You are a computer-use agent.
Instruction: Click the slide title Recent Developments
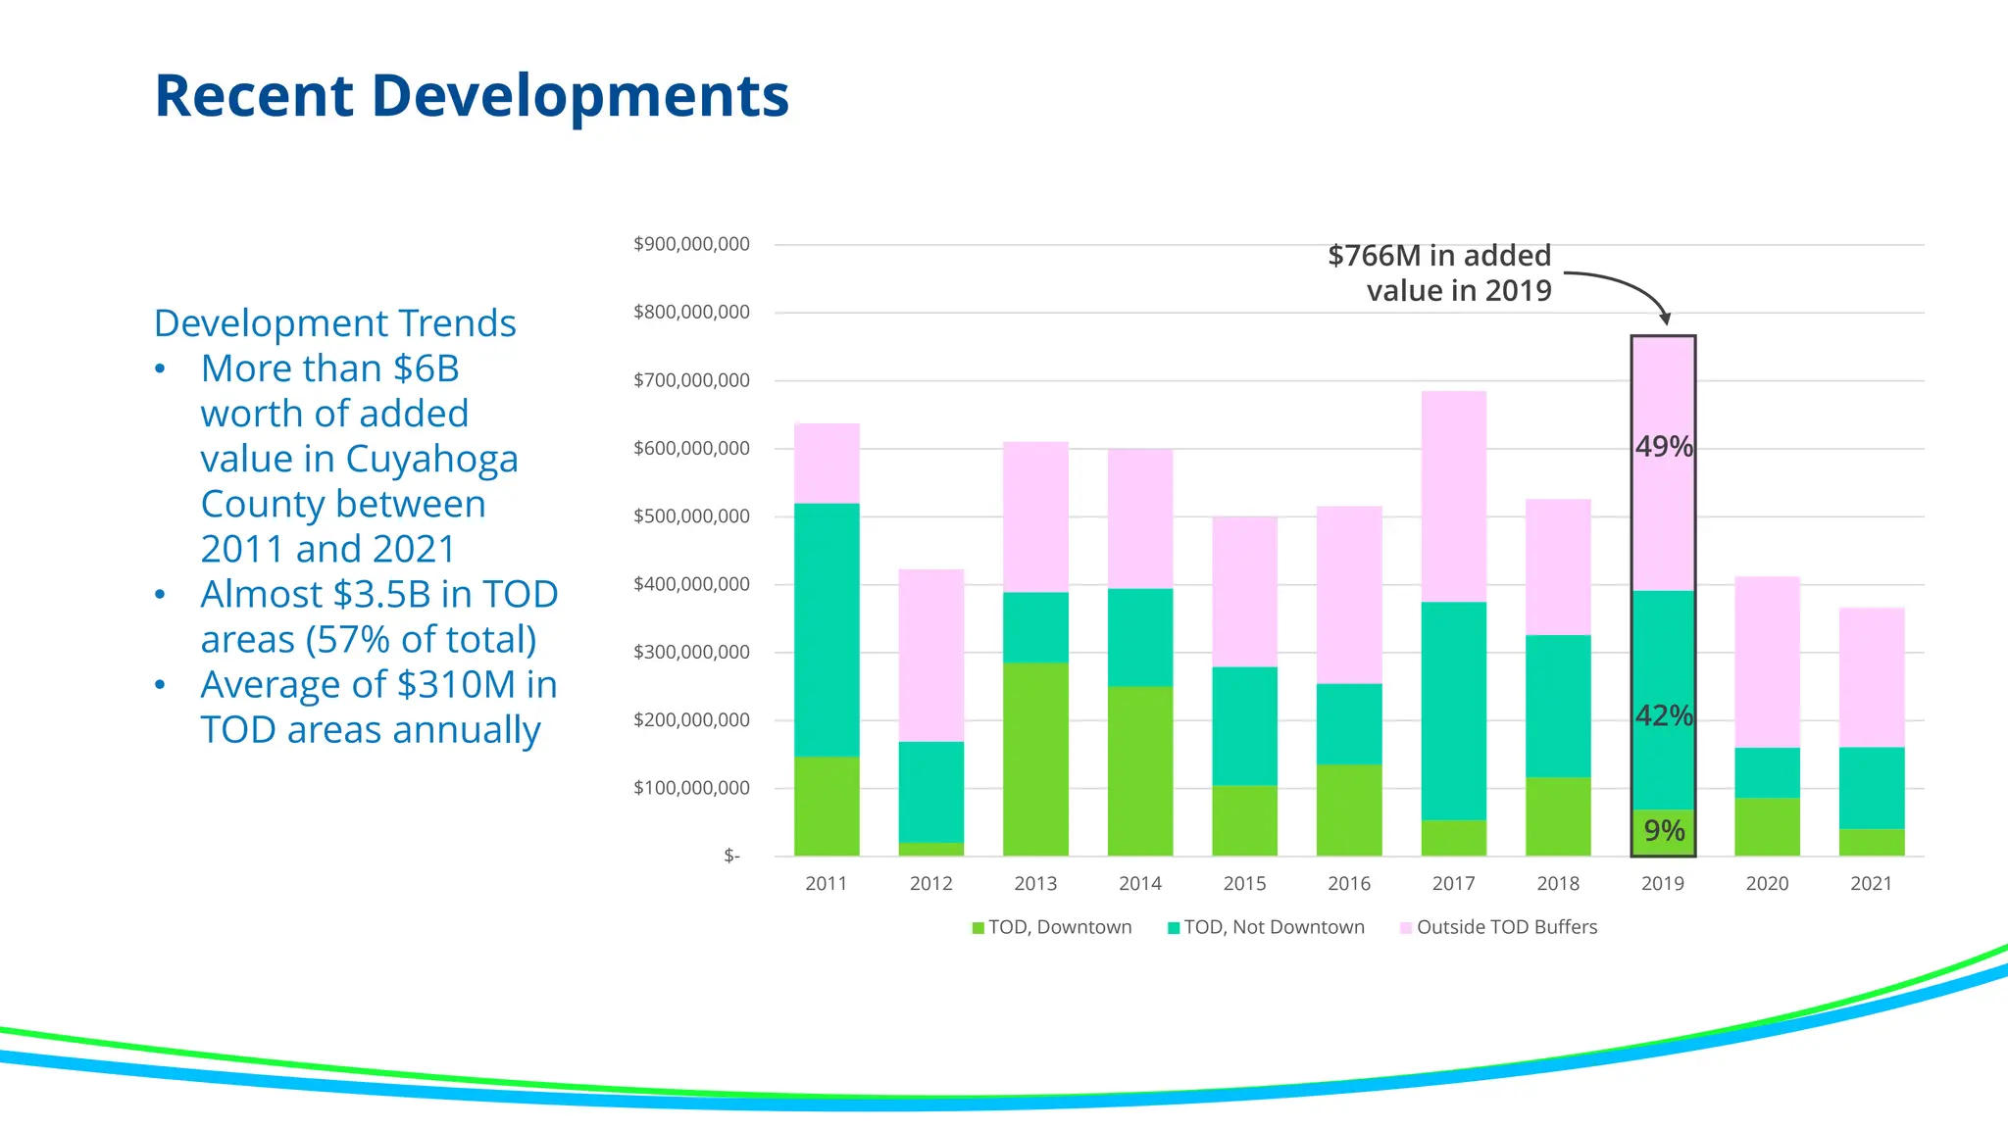pos(471,96)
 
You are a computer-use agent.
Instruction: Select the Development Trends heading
pos(334,323)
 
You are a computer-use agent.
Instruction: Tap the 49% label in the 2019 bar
pos(1664,447)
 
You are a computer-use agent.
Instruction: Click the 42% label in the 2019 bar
pos(1664,716)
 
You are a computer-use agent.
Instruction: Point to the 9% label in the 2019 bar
pos(1664,831)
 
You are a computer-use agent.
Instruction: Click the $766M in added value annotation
pos(1439,272)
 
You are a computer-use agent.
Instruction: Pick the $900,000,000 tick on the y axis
pos(691,244)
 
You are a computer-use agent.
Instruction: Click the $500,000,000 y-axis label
pos(691,516)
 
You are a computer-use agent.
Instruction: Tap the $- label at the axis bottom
pos(731,857)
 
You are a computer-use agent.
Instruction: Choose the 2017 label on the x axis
pos(1453,884)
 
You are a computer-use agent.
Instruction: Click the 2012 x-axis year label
pos(930,884)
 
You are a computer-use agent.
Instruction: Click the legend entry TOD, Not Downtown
pos(1266,927)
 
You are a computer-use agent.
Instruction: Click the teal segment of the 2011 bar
pos(827,629)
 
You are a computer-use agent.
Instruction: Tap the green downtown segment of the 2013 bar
pos(1035,760)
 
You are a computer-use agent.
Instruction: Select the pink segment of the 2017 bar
pos(1453,496)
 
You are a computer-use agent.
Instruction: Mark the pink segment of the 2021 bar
pos(1871,677)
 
